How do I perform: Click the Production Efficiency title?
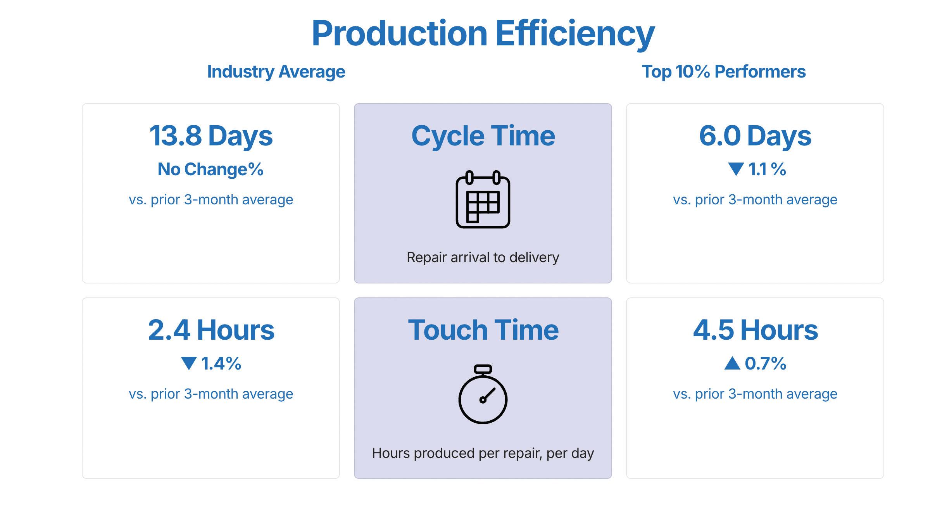483,34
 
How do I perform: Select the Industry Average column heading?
276,72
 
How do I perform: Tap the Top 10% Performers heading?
723,72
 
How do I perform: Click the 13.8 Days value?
211,136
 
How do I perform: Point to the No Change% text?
210,169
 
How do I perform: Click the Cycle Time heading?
483,136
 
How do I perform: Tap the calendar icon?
483,199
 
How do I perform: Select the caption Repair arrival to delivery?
483,257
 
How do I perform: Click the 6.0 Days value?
755,136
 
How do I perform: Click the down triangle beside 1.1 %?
736,169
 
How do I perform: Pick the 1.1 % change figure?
767,169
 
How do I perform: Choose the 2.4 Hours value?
211,330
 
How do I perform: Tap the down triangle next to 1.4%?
189,363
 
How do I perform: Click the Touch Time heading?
483,330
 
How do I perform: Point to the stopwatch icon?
483,394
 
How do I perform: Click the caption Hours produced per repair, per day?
483,453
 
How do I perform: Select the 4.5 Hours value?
755,330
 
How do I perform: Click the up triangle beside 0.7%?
732,363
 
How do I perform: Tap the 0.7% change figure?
766,364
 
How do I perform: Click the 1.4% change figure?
221,364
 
